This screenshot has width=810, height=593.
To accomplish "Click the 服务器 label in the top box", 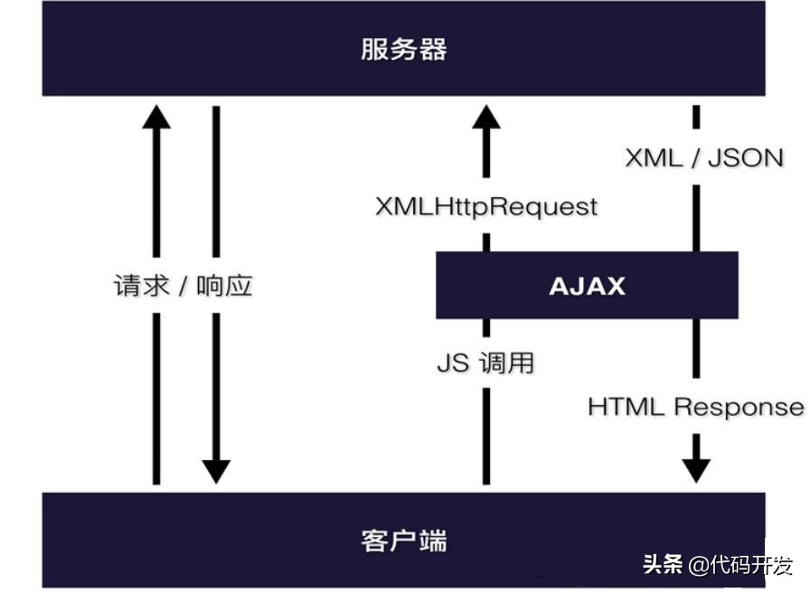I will point(403,49).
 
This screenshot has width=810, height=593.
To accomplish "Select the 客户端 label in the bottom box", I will point(403,541).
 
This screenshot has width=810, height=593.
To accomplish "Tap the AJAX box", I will point(587,286).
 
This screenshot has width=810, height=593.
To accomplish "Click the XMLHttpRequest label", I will point(486,207).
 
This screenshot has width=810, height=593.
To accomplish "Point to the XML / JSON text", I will point(704,157).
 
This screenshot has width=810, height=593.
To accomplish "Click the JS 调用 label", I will point(485,363).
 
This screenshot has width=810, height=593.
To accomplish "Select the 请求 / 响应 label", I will point(183,286).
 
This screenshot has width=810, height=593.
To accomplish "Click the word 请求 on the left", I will point(141,286).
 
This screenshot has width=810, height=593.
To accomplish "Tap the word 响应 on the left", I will point(225,286).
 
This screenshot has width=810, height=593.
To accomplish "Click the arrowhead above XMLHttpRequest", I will point(486,118).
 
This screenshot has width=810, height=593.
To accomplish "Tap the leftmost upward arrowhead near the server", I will point(156,118).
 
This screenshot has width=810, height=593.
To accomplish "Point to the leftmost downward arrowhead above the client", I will point(216,471).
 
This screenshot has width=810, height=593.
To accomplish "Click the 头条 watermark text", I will point(663,566).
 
